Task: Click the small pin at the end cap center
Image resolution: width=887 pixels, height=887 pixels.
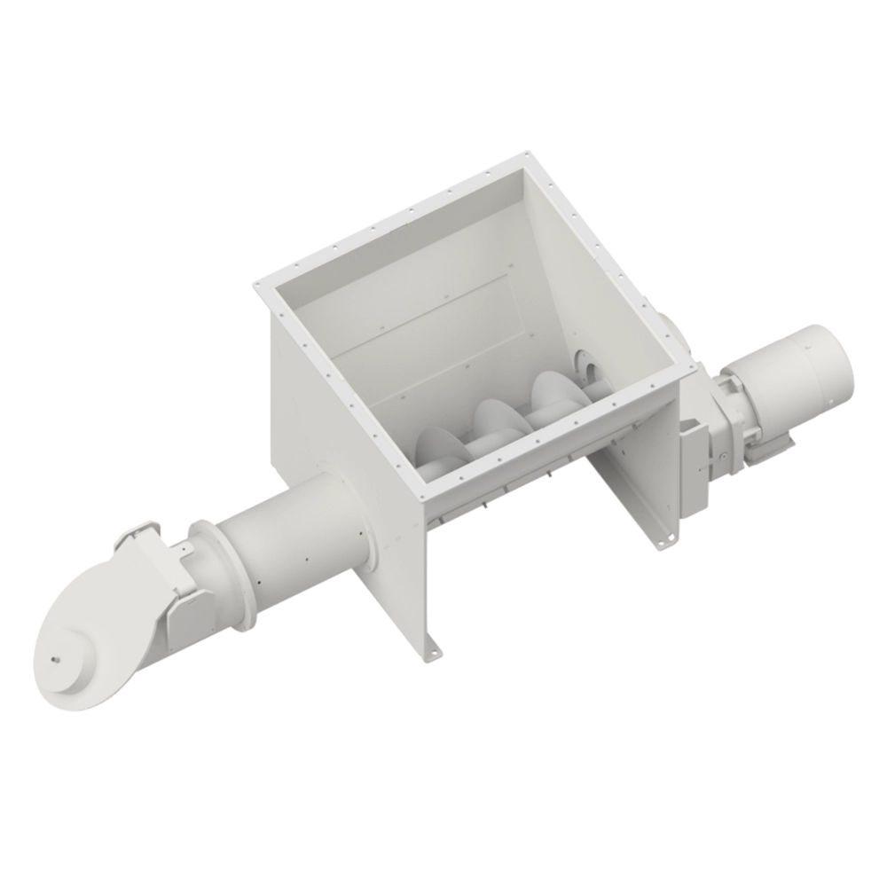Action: (56, 657)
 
